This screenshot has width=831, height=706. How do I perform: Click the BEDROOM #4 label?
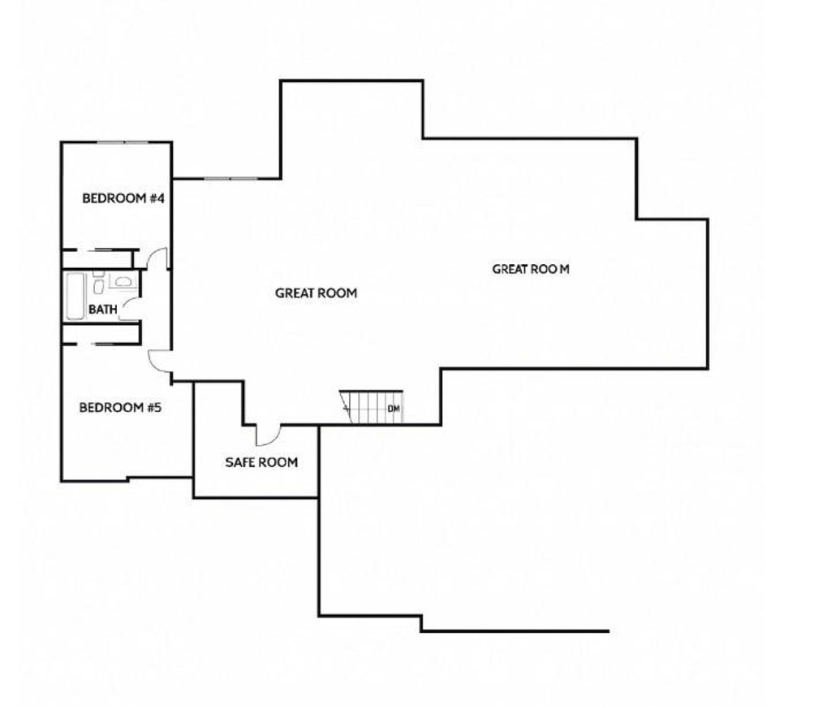pyautogui.click(x=124, y=198)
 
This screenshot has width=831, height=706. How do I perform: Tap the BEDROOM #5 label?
pyautogui.click(x=120, y=407)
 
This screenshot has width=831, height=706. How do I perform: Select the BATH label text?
pyautogui.click(x=103, y=309)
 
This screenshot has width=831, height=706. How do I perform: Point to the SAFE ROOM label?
pyautogui.click(x=261, y=462)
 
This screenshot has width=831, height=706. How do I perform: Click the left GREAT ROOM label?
pyautogui.click(x=316, y=293)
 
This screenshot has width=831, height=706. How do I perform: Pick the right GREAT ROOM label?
pyautogui.click(x=531, y=269)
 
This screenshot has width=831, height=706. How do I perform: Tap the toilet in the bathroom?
pyautogui.click(x=123, y=283)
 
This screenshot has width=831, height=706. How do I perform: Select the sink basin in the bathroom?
pyautogui.click(x=98, y=284)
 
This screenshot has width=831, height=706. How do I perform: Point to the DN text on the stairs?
pyautogui.click(x=394, y=409)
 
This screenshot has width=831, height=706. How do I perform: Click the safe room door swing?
pyautogui.click(x=268, y=435)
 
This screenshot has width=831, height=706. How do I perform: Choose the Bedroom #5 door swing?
pyautogui.click(x=158, y=360)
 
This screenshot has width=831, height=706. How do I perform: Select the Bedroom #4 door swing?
pyautogui.click(x=159, y=258)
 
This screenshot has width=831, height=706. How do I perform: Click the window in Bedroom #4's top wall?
pyautogui.click(x=122, y=143)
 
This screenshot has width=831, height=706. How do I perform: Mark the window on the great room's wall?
pyautogui.click(x=230, y=178)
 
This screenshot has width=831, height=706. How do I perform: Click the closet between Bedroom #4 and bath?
pyautogui.click(x=97, y=258)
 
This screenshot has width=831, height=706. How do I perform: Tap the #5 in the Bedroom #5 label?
pyautogui.click(x=153, y=407)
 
